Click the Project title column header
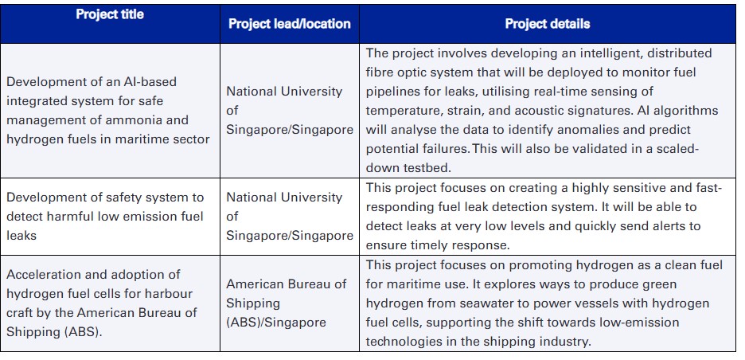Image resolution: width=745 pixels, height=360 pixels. click(x=110, y=15)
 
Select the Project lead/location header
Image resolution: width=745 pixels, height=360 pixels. click(x=290, y=24)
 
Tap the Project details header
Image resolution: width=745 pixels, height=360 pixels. click(x=548, y=24)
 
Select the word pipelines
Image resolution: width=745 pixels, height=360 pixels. click(x=394, y=92)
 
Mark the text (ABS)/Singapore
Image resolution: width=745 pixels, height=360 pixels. click(x=276, y=323)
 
